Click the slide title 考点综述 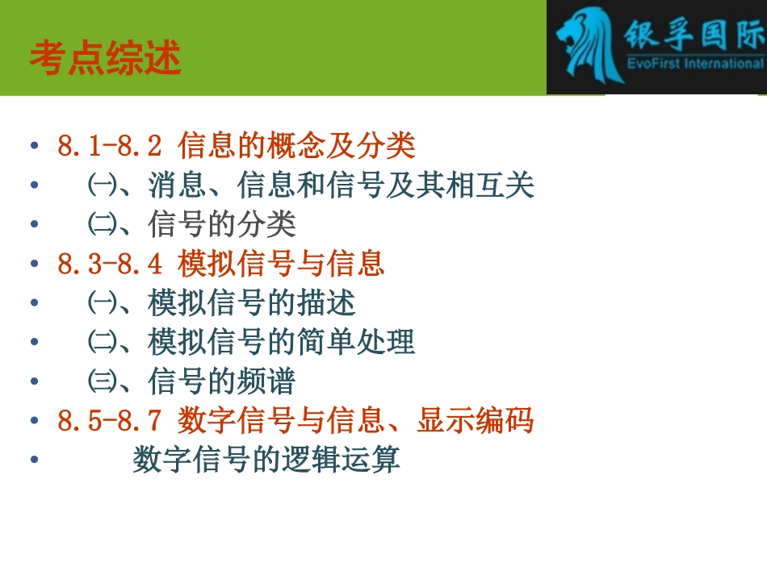pos(105,59)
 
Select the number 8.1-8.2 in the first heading pos(110,147)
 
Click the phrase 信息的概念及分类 pos(296,147)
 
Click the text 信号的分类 pos(222,225)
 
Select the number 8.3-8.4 pos(110,265)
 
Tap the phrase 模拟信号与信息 pos(281,265)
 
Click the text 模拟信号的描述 pos(252,303)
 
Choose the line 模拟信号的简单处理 pos(282,343)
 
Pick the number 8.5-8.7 pos(110,421)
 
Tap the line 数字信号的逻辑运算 pos(266,460)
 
